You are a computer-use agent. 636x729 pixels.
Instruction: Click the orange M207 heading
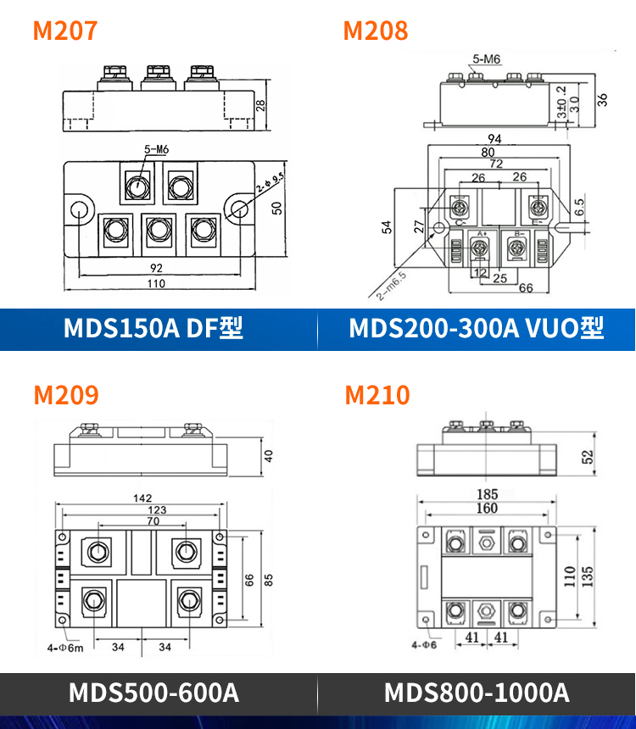pyautogui.click(x=65, y=31)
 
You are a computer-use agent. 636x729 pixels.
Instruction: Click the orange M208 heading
pyautogui.click(x=375, y=31)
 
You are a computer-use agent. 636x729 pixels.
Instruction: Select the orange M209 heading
pyautogui.click(x=65, y=395)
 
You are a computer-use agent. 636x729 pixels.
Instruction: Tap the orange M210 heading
pyautogui.click(x=377, y=395)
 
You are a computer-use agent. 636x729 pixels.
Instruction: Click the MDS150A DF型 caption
pyautogui.click(x=153, y=329)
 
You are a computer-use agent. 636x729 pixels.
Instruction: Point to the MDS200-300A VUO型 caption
pyautogui.click(x=477, y=329)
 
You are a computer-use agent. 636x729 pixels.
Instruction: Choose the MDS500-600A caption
pyautogui.click(x=153, y=693)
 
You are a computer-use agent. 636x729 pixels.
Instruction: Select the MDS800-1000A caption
pyautogui.click(x=477, y=693)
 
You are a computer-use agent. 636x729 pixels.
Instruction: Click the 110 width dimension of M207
pyautogui.click(x=156, y=284)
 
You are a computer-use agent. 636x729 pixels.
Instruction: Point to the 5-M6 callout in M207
pyautogui.click(x=156, y=150)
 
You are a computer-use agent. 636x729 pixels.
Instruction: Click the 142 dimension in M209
pyautogui.click(x=140, y=498)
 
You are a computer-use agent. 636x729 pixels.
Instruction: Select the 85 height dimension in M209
pyautogui.click(x=269, y=581)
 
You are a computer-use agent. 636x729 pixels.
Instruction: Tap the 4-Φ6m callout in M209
pyautogui.click(x=64, y=648)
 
